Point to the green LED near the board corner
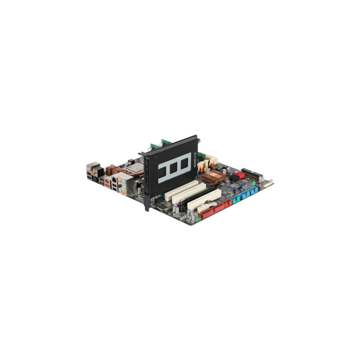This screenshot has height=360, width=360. (253, 184)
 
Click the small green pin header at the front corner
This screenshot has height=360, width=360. (198, 220)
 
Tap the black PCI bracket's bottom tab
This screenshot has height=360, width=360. (147, 206)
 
